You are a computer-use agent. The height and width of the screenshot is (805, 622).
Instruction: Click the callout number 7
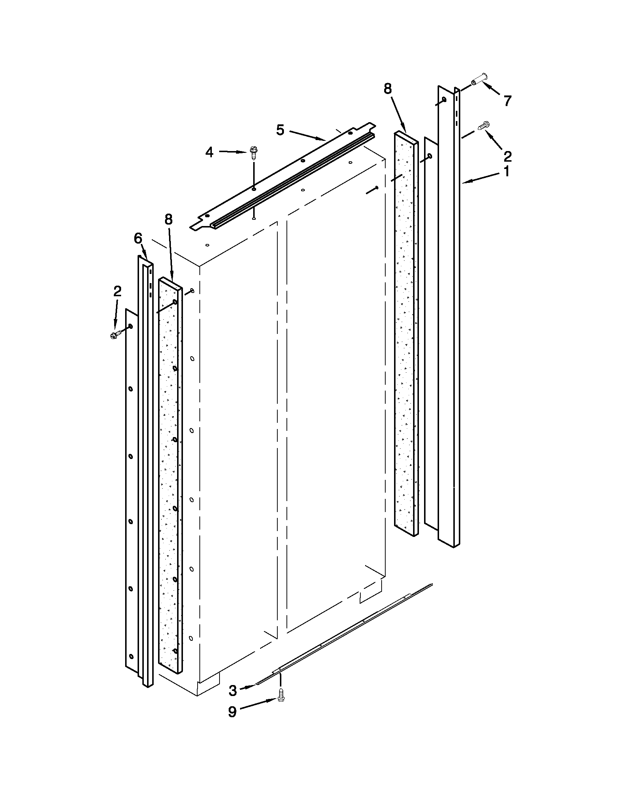coord(507,101)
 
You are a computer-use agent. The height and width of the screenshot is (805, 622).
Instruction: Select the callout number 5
coord(280,130)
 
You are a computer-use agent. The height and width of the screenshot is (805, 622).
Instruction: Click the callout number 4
coord(209,152)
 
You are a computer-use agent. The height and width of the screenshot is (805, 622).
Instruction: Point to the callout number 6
coord(138,238)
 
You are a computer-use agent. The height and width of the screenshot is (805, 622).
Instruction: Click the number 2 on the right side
coord(507,157)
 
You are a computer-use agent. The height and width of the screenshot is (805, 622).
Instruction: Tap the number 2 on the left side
coord(117,291)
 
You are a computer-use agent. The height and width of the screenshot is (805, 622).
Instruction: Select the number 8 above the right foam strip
coord(387,89)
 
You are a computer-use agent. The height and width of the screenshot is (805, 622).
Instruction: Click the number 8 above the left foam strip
coord(168,219)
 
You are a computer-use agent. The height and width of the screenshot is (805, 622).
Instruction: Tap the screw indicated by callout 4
coord(254,151)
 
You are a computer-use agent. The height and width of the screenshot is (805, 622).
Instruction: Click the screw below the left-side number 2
coord(114,335)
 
